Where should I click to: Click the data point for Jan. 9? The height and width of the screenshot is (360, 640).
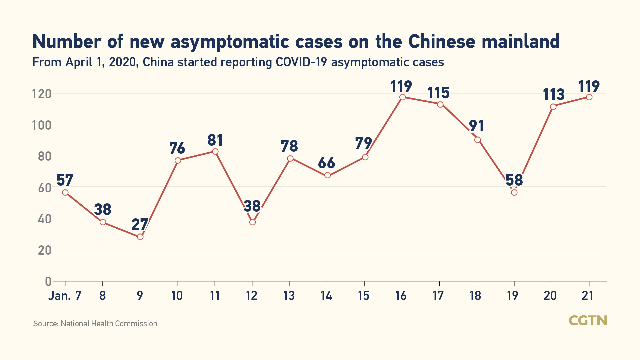(x=140, y=237)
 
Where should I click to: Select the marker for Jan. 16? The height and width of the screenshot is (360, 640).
(x=402, y=97)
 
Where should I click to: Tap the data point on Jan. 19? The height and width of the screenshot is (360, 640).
(x=514, y=192)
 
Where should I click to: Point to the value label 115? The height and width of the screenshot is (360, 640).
(x=438, y=93)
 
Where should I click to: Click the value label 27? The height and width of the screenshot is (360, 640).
(x=140, y=225)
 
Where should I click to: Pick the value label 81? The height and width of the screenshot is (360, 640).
(x=215, y=140)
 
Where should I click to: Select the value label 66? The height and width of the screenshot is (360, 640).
(x=326, y=163)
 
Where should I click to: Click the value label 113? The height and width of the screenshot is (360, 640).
(x=554, y=95)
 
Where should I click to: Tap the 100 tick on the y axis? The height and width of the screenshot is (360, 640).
(x=42, y=126)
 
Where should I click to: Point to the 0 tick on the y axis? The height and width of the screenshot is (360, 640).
(x=48, y=282)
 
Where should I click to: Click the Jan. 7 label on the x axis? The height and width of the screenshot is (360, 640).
(x=65, y=296)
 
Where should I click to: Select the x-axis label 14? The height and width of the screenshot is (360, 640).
(x=326, y=296)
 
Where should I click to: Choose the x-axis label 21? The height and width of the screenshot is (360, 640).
(x=587, y=296)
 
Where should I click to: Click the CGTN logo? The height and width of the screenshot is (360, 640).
(x=588, y=321)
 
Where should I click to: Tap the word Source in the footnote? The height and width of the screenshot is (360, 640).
(x=46, y=324)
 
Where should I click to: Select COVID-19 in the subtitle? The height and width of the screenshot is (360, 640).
(x=301, y=62)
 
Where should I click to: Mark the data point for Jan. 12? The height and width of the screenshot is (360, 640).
(x=252, y=222)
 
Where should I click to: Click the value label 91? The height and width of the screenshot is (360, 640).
(x=476, y=126)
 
